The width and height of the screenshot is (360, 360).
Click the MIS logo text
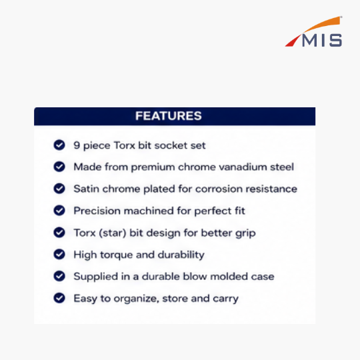point(322,40)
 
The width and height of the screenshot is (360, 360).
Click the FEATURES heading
point(169,116)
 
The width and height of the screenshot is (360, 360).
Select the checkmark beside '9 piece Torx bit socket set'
point(59,145)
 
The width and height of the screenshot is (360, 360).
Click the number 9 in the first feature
point(77,145)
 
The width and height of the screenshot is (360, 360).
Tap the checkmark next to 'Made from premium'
point(59,167)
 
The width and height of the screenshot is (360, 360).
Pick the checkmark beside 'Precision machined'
point(59,210)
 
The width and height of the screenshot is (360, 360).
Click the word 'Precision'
point(97,211)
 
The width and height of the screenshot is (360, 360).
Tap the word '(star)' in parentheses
point(113,233)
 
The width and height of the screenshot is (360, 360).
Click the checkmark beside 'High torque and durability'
point(59,254)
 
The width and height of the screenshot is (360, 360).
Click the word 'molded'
point(229,277)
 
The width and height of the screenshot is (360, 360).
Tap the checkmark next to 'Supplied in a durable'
point(59,276)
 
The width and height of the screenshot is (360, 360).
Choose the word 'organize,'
point(137,299)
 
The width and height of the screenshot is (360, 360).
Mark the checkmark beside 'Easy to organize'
point(59,298)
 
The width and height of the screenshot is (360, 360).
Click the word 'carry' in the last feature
point(226,299)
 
